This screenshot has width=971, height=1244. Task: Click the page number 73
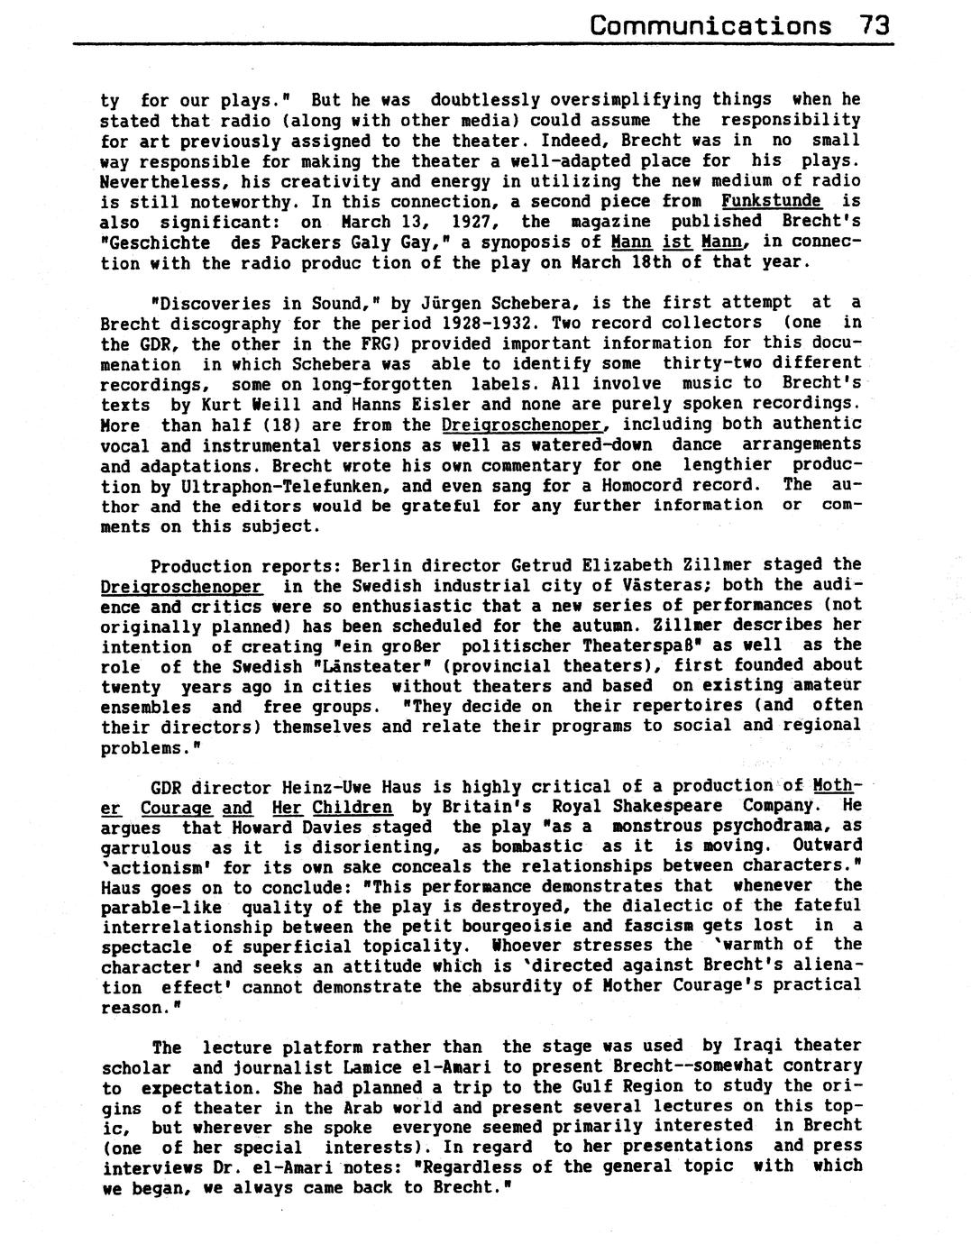coord(875,24)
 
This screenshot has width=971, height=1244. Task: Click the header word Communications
coord(710,24)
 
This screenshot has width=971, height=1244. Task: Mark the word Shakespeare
coord(671,806)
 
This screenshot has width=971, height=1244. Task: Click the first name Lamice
coord(339,1066)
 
